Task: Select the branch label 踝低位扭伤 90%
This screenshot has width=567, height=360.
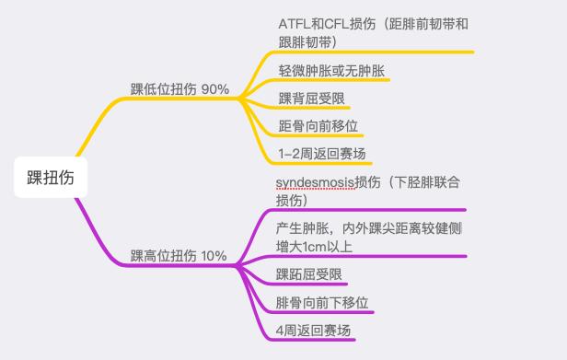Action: pyautogui.click(x=179, y=89)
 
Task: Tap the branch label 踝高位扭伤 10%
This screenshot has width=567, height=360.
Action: pyautogui.click(x=179, y=255)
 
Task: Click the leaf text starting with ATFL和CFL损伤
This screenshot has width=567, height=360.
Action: pyautogui.click(x=377, y=32)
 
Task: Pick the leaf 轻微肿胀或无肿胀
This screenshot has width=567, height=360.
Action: pyautogui.click(x=332, y=70)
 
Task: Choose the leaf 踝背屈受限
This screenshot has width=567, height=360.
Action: pyautogui.click(x=312, y=99)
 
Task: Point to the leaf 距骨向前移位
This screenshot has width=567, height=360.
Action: pyautogui.click(x=318, y=126)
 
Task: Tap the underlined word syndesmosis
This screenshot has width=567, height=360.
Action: pyautogui.click(x=315, y=181)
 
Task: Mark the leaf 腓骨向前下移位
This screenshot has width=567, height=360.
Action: pyautogui.click(x=325, y=302)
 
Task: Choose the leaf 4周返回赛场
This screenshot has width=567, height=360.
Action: pyautogui.click(x=313, y=331)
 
